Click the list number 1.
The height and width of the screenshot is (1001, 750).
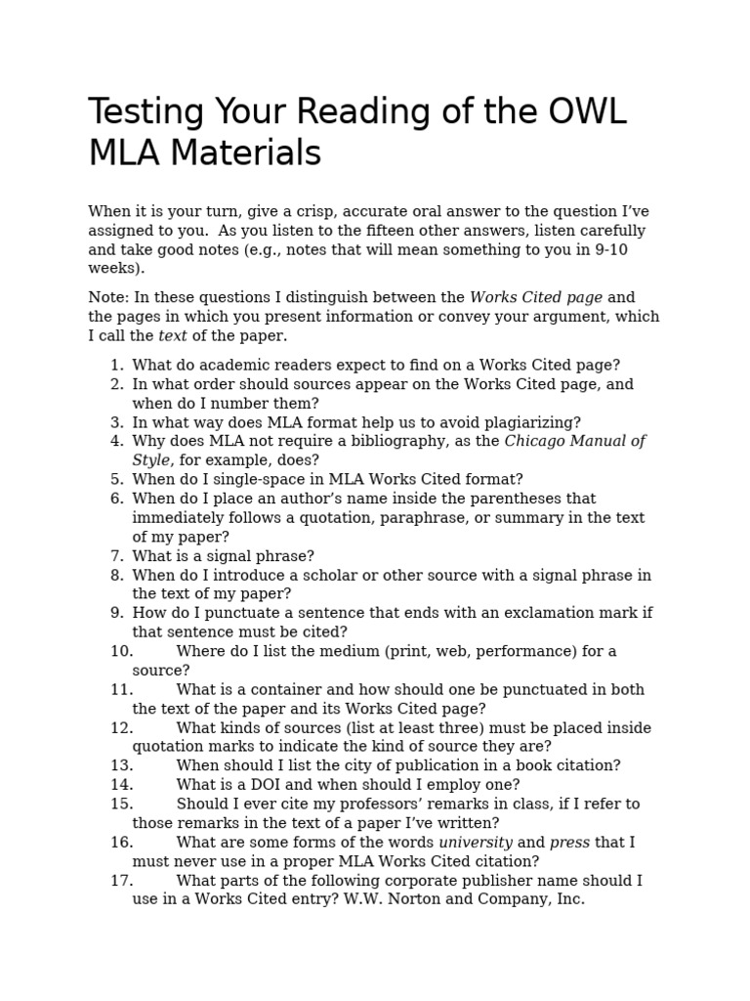point(116,365)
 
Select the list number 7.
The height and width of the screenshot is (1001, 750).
point(116,555)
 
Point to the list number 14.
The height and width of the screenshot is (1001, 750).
point(121,784)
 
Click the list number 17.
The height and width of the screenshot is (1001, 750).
point(121,880)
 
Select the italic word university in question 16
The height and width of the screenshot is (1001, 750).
point(475,842)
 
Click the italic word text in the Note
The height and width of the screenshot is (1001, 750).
point(172,335)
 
